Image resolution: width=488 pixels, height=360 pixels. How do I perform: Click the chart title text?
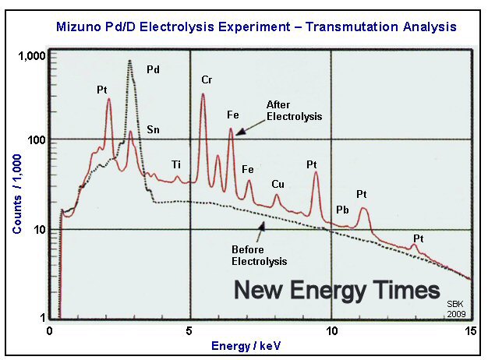coord(256,27)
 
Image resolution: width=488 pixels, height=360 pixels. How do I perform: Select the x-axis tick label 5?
coord(190,330)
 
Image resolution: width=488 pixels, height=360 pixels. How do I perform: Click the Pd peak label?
coord(153,69)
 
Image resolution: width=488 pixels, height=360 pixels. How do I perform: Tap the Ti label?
coord(177,164)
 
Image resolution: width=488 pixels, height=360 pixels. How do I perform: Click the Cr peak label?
coord(207,79)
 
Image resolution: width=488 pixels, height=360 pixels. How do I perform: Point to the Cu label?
coord(278,184)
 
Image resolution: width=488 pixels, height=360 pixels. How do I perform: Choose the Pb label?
coord(341,210)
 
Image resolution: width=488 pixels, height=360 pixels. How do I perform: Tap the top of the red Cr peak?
coord(203,94)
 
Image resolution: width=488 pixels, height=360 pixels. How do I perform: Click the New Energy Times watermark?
coord(338,291)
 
